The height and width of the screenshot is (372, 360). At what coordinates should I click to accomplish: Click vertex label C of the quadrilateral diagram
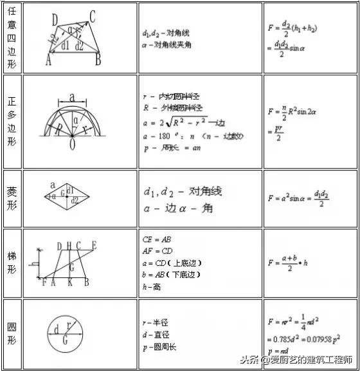tap(93, 18)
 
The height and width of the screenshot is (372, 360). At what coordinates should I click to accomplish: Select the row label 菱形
tap(12, 199)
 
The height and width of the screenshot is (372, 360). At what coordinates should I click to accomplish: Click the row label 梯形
tap(12, 263)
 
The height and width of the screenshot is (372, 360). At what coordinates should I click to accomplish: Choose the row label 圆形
tap(12, 332)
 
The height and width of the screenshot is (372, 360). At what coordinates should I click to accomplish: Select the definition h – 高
tap(152, 286)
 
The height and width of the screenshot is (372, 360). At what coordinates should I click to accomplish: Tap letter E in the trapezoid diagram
tap(94, 245)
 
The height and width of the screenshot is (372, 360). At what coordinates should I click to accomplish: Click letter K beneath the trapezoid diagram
tap(69, 283)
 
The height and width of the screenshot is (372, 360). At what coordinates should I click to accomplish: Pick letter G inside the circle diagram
tap(65, 340)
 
